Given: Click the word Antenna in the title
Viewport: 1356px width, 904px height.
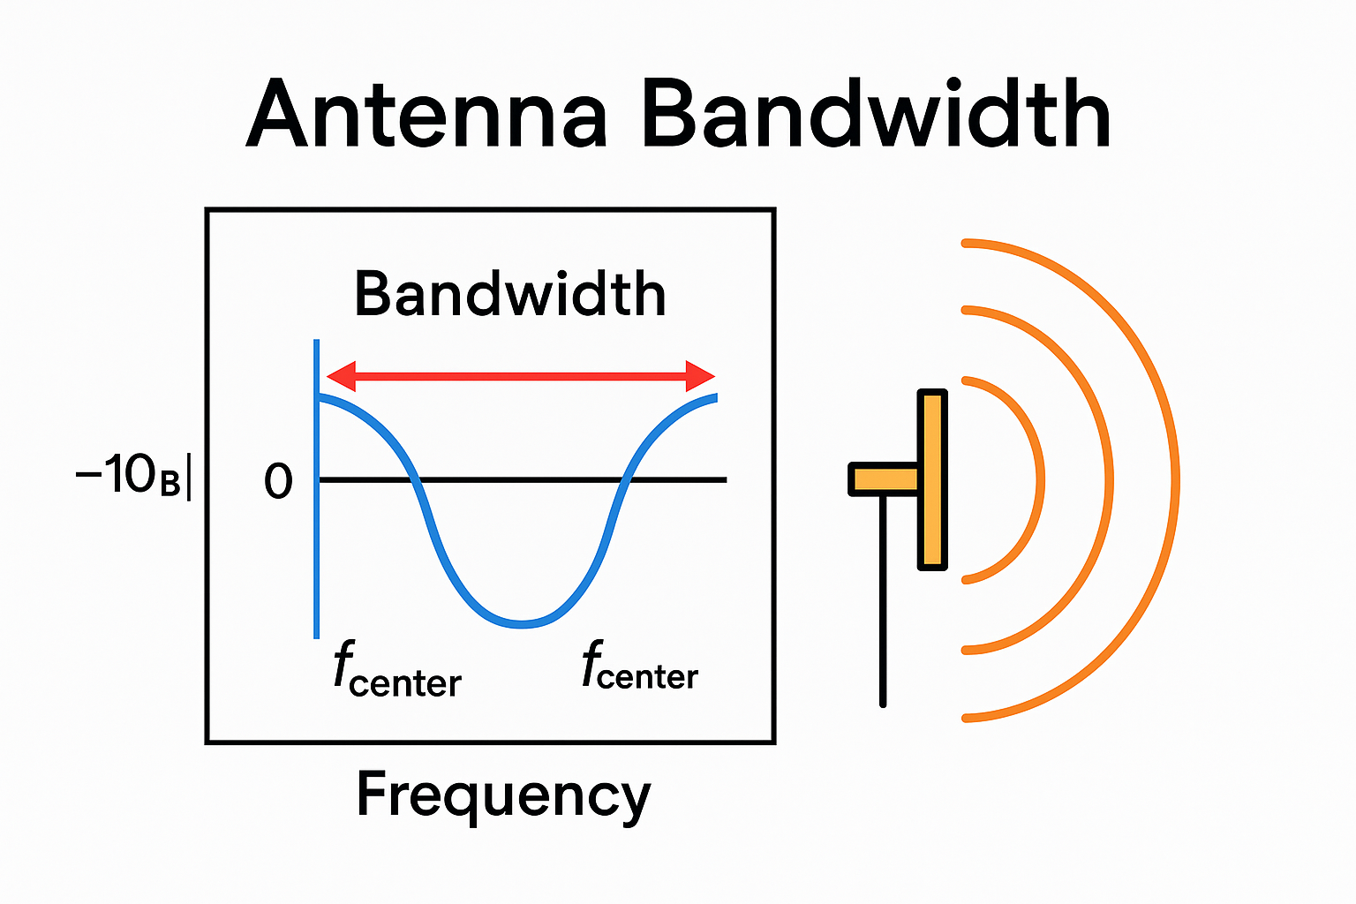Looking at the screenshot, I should click(426, 115).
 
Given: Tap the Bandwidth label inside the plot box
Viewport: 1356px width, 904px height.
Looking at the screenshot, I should click(509, 294).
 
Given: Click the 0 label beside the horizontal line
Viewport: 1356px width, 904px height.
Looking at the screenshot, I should click(278, 482).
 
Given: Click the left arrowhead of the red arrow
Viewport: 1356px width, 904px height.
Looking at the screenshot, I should click(340, 376).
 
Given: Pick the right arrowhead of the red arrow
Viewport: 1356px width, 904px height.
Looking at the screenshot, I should click(700, 376).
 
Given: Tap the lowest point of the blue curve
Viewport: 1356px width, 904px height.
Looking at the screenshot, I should click(523, 623).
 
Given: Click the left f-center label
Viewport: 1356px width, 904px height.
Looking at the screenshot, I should click(397, 671).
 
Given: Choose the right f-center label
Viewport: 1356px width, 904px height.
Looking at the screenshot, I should click(640, 667).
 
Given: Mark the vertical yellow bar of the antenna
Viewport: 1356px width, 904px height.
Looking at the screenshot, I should click(932, 479).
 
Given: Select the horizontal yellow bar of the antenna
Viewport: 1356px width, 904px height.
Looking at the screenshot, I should click(884, 479).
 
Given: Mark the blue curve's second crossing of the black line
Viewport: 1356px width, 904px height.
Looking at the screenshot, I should click(625, 479).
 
